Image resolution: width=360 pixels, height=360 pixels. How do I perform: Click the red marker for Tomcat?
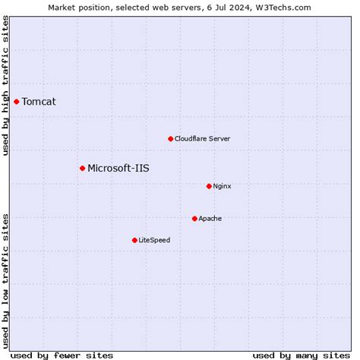(x=16, y=101)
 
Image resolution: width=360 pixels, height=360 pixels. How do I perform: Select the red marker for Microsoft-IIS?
(x=82, y=168)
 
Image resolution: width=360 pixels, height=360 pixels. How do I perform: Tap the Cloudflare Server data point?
(x=170, y=139)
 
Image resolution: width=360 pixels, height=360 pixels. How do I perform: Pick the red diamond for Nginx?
(x=209, y=186)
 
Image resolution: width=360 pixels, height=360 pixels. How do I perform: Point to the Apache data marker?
(x=194, y=219)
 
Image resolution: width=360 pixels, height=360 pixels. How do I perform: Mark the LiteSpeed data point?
(x=134, y=240)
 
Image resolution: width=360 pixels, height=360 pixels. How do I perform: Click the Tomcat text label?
(x=39, y=102)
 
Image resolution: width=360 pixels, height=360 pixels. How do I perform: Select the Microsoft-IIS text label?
(x=118, y=169)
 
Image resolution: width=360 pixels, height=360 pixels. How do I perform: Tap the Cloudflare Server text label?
(x=202, y=139)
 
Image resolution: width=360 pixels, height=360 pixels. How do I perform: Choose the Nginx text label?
(x=222, y=186)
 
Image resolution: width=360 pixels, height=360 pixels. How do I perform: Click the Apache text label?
(x=210, y=219)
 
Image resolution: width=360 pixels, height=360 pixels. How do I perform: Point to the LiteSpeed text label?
(x=154, y=241)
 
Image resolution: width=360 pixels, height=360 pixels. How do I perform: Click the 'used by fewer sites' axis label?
(x=62, y=355)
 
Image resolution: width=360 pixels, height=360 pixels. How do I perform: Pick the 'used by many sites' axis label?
(x=301, y=355)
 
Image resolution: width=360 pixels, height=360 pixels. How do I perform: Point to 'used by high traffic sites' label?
(x=6, y=90)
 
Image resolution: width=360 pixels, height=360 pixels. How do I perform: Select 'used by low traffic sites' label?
(x=6, y=276)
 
